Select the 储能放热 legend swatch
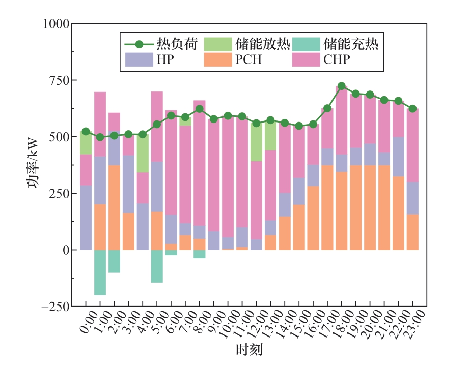218,44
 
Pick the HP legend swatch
139,59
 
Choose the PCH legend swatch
218,59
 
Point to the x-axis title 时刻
249,350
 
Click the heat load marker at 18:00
342,86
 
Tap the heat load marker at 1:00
100,137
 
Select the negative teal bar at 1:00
100,272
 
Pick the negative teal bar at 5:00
157,266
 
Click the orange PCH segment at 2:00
114,207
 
